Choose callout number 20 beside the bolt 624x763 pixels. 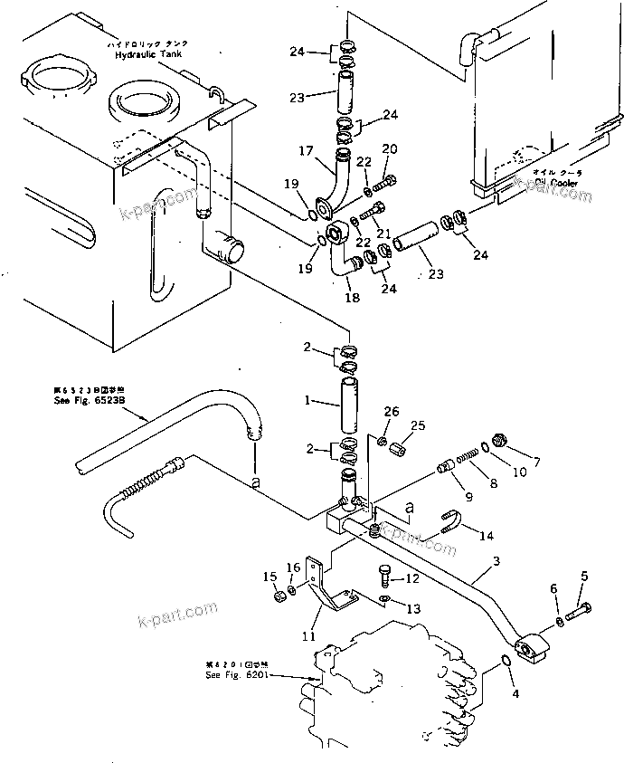(x=389, y=149)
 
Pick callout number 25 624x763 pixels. (x=418, y=425)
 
